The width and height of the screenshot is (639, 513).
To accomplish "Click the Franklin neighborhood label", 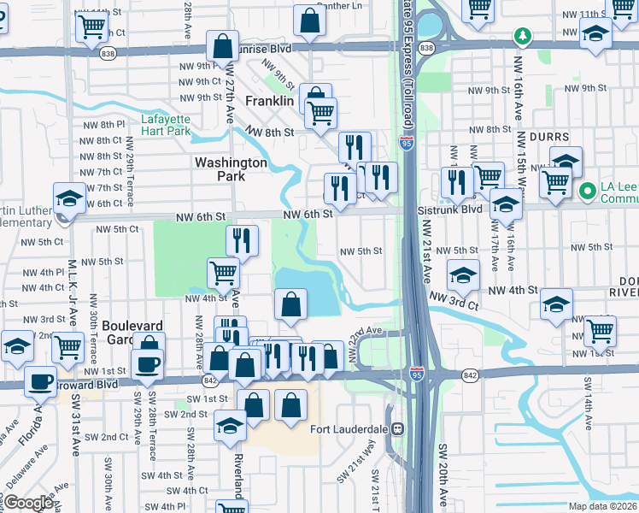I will click(269, 101).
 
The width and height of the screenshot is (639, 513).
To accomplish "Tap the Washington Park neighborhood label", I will click(231, 168).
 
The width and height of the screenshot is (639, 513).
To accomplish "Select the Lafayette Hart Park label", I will click(166, 126).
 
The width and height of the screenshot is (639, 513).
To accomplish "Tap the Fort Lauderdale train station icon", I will click(398, 428).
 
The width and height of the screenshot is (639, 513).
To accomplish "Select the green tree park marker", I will click(521, 36).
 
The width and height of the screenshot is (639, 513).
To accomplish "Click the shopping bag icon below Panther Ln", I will click(309, 20).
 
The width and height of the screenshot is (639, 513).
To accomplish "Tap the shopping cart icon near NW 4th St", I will click(223, 273).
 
